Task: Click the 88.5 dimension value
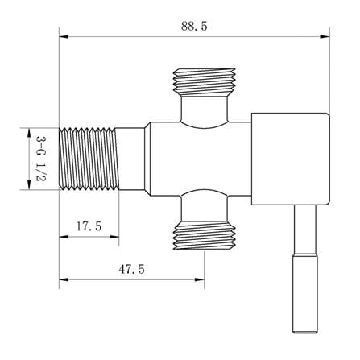click(x=194, y=27)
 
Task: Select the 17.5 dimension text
click(x=89, y=226)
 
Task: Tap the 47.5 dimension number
click(x=131, y=269)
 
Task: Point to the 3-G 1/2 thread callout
click(x=41, y=159)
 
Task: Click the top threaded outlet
click(x=205, y=82)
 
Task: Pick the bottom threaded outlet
click(x=205, y=235)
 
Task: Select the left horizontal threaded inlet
click(x=89, y=159)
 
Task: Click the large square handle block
click(x=291, y=159)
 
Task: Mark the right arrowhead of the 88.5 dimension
click(x=325, y=37)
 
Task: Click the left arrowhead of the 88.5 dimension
click(x=64, y=37)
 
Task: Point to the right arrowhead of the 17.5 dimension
click(x=114, y=237)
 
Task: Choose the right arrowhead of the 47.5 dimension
click(x=200, y=279)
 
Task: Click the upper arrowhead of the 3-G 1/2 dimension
click(x=29, y=133)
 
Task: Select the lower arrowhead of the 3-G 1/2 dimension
click(x=29, y=185)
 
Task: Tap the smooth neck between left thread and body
click(x=131, y=159)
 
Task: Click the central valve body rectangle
click(x=201, y=159)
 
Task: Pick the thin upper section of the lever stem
click(x=305, y=230)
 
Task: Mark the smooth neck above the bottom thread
click(x=205, y=209)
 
